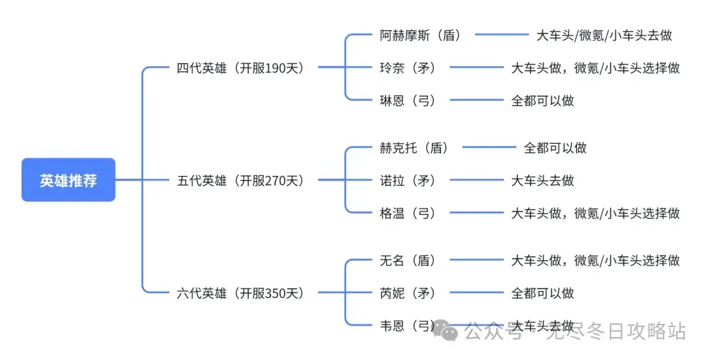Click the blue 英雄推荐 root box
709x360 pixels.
click(68, 179)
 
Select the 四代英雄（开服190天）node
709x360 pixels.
click(240, 68)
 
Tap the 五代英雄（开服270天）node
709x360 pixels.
click(240, 181)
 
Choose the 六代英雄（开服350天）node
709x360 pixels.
click(240, 293)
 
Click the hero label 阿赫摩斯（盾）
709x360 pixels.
click(421, 35)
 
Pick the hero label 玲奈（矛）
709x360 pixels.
click(408, 68)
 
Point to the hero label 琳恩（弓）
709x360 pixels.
click(408, 101)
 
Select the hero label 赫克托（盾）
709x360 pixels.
click(414, 148)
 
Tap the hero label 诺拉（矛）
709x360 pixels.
click(408, 181)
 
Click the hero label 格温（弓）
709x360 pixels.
click(408, 213)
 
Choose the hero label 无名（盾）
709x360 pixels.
click(408, 261)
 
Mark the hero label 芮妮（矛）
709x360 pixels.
click(408, 293)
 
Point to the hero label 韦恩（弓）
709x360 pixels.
click(408, 326)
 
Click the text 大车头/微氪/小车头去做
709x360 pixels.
click(604, 35)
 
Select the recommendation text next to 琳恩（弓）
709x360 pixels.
click(543, 101)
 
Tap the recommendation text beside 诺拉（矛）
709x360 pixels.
click(543, 181)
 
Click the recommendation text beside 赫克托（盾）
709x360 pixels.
click(555, 148)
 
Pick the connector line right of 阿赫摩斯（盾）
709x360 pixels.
click(502, 34)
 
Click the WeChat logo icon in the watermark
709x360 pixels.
click(445, 330)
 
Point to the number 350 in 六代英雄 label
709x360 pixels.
click(278, 294)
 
